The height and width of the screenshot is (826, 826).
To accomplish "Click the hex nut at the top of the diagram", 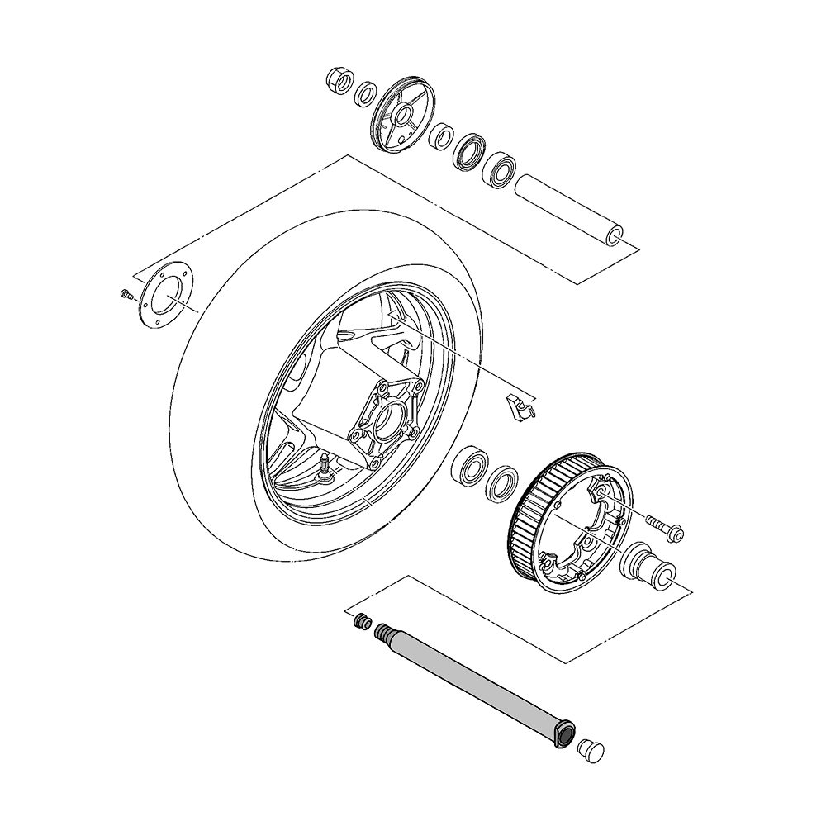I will [x=338, y=80].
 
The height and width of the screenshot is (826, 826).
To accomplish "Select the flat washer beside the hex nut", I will [x=365, y=93].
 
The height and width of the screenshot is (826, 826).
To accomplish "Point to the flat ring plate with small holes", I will [x=164, y=296].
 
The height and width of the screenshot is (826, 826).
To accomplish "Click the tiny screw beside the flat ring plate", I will [x=126, y=294].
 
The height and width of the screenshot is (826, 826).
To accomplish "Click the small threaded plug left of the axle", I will [x=360, y=622].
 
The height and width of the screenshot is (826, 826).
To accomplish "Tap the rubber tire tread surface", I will [x=206, y=463].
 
